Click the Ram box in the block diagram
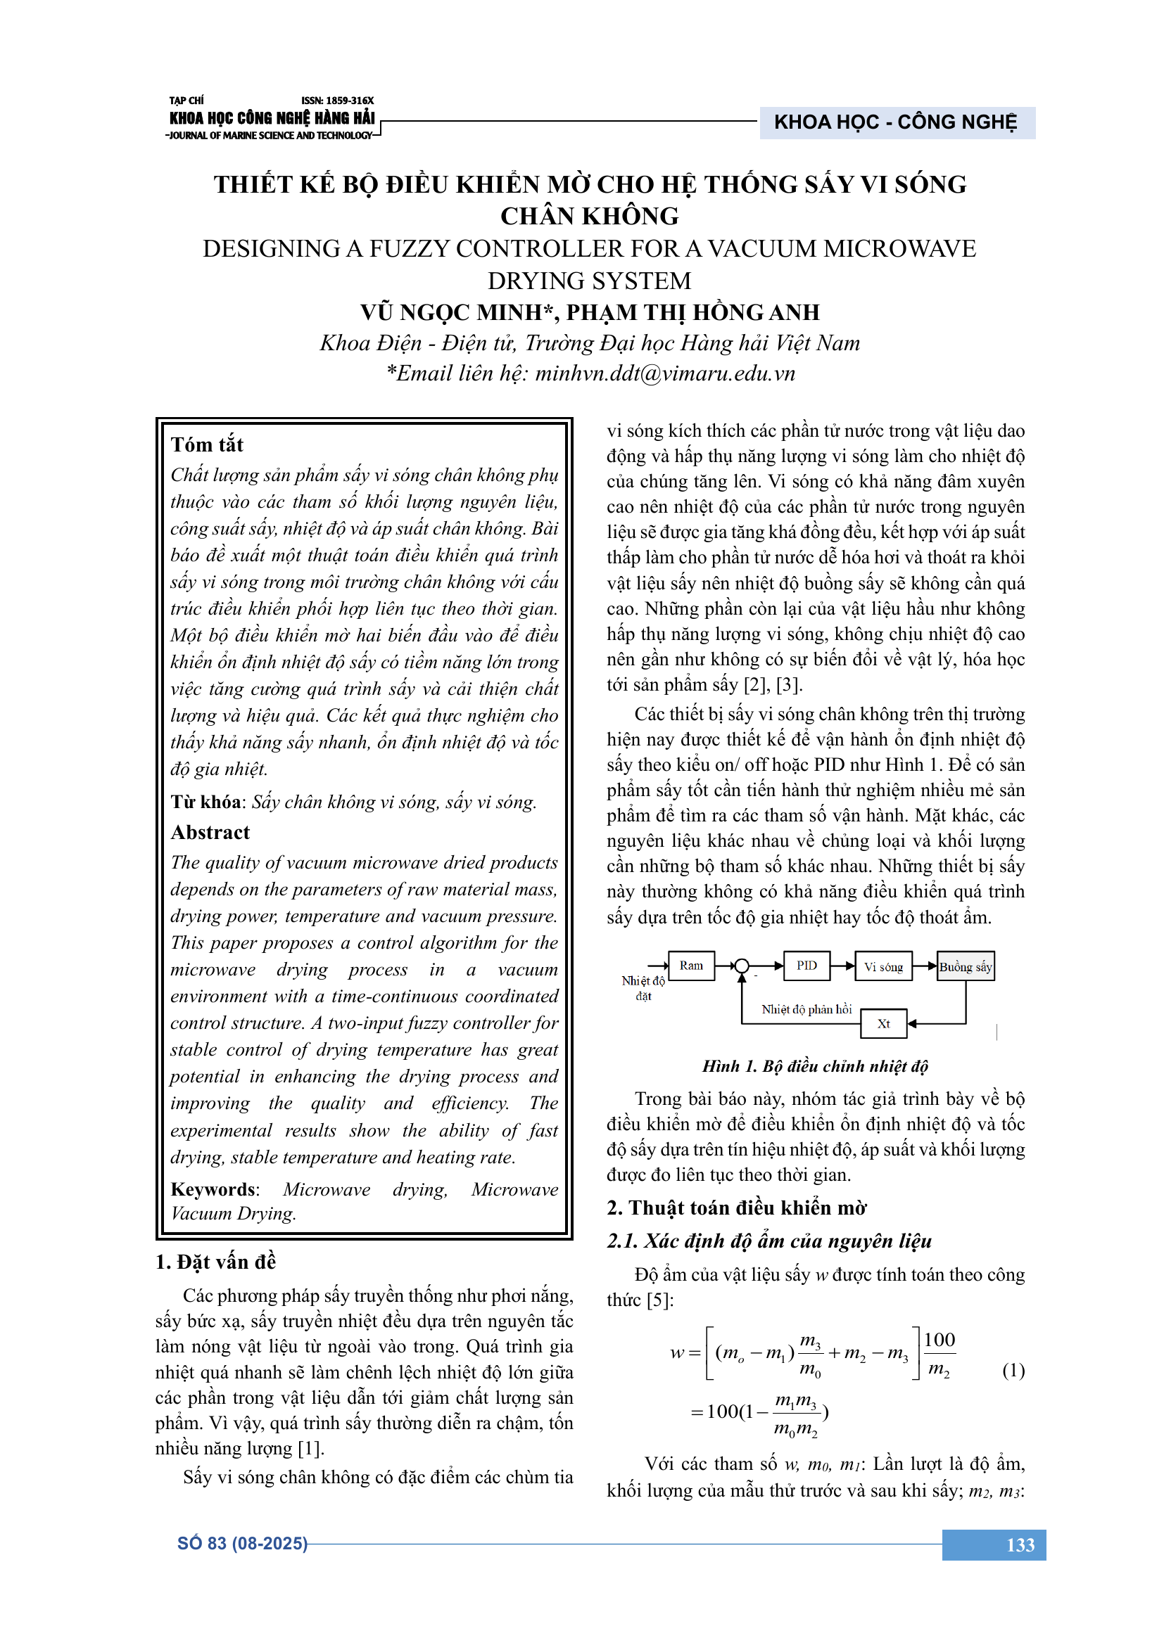click(x=691, y=965)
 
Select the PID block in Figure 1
click(x=806, y=965)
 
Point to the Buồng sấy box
click(x=966, y=966)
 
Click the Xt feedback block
click(x=883, y=1024)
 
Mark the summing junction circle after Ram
click(x=742, y=966)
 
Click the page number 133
click(x=1020, y=1544)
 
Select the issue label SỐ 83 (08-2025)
click(x=242, y=1543)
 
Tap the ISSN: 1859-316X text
click(x=338, y=101)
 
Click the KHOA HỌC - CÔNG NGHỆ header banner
click(x=895, y=122)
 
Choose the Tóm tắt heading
click(x=207, y=445)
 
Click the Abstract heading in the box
click(x=210, y=833)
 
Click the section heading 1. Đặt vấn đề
click(x=215, y=1262)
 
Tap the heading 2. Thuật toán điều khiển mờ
click(x=736, y=1208)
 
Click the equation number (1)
click(x=1013, y=1370)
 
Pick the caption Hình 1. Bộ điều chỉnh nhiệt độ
click(x=815, y=1066)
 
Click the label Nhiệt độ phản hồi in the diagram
click(x=806, y=1009)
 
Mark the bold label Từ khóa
click(x=205, y=802)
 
